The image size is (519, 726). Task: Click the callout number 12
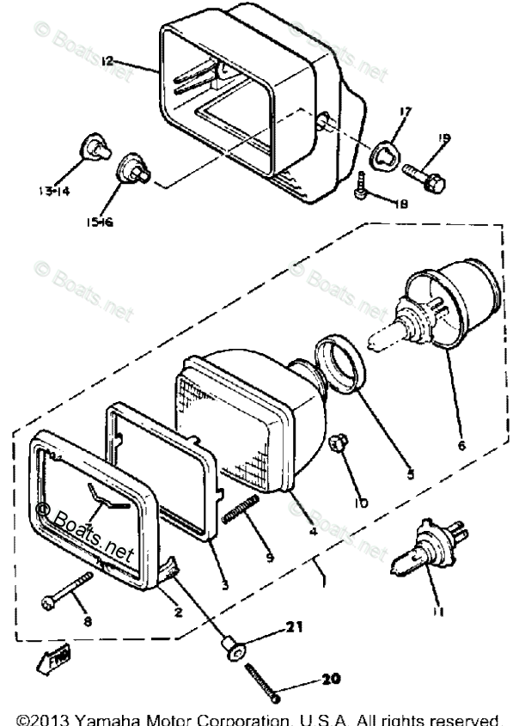[x=106, y=62]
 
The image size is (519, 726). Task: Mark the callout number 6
[x=461, y=446]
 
